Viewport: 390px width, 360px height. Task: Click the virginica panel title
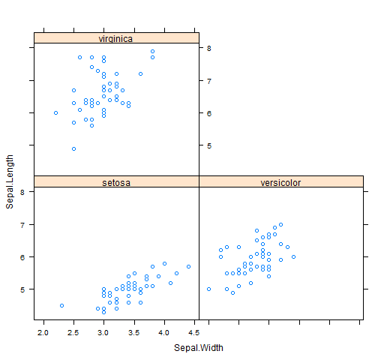pyautogui.click(x=116, y=38)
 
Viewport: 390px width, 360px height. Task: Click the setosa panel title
pyautogui.click(x=116, y=182)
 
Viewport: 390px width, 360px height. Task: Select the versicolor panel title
pyautogui.click(x=280, y=182)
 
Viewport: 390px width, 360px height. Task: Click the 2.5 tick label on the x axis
pyautogui.click(x=73, y=331)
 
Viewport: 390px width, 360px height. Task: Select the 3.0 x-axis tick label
pyautogui.click(x=103, y=331)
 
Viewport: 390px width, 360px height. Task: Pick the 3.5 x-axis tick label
pyautogui.click(x=134, y=331)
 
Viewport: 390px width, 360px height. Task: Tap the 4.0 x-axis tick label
pyautogui.click(x=164, y=331)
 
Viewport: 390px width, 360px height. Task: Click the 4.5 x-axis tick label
pyautogui.click(x=194, y=331)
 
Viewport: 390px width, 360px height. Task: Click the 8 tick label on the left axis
pyautogui.click(x=22, y=192)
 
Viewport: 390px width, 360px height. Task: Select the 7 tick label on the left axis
pyautogui.click(x=22, y=224)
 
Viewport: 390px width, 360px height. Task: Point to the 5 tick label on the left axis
pyautogui.click(x=22, y=289)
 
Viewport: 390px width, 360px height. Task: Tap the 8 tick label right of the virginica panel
pyautogui.click(x=210, y=48)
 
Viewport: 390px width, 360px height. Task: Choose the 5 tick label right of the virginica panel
pyautogui.click(x=210, y=145)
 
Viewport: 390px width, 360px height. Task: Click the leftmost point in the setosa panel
pyautogui.click(x=61, y=305)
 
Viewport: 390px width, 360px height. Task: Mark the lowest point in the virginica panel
pyautogui.click(x=73, y=148)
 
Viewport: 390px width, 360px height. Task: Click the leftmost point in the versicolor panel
pyautogui.click(x=208, y=289)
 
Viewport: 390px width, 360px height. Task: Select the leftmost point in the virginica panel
pyautogui.click(x=55, y=113)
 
